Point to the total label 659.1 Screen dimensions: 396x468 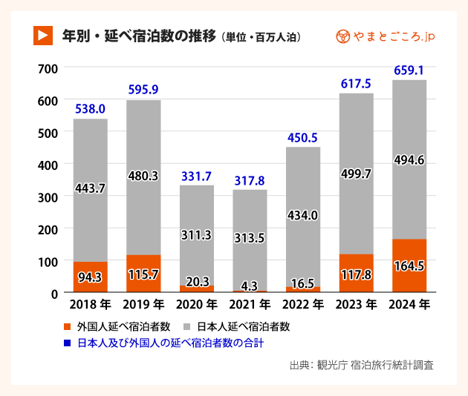(409, 71)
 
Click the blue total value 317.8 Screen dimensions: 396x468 (250, 181)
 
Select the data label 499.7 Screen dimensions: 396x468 (356, 174)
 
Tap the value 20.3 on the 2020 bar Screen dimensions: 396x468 (196, 282)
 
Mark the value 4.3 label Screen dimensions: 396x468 (250, 283)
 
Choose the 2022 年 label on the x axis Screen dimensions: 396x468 (302, 304)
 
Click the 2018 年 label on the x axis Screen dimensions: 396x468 (90, 304)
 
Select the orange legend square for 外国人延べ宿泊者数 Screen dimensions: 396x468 (68, 326)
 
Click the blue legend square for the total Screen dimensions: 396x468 (68, 343)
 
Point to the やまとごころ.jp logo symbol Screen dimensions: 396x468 (343, 36)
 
